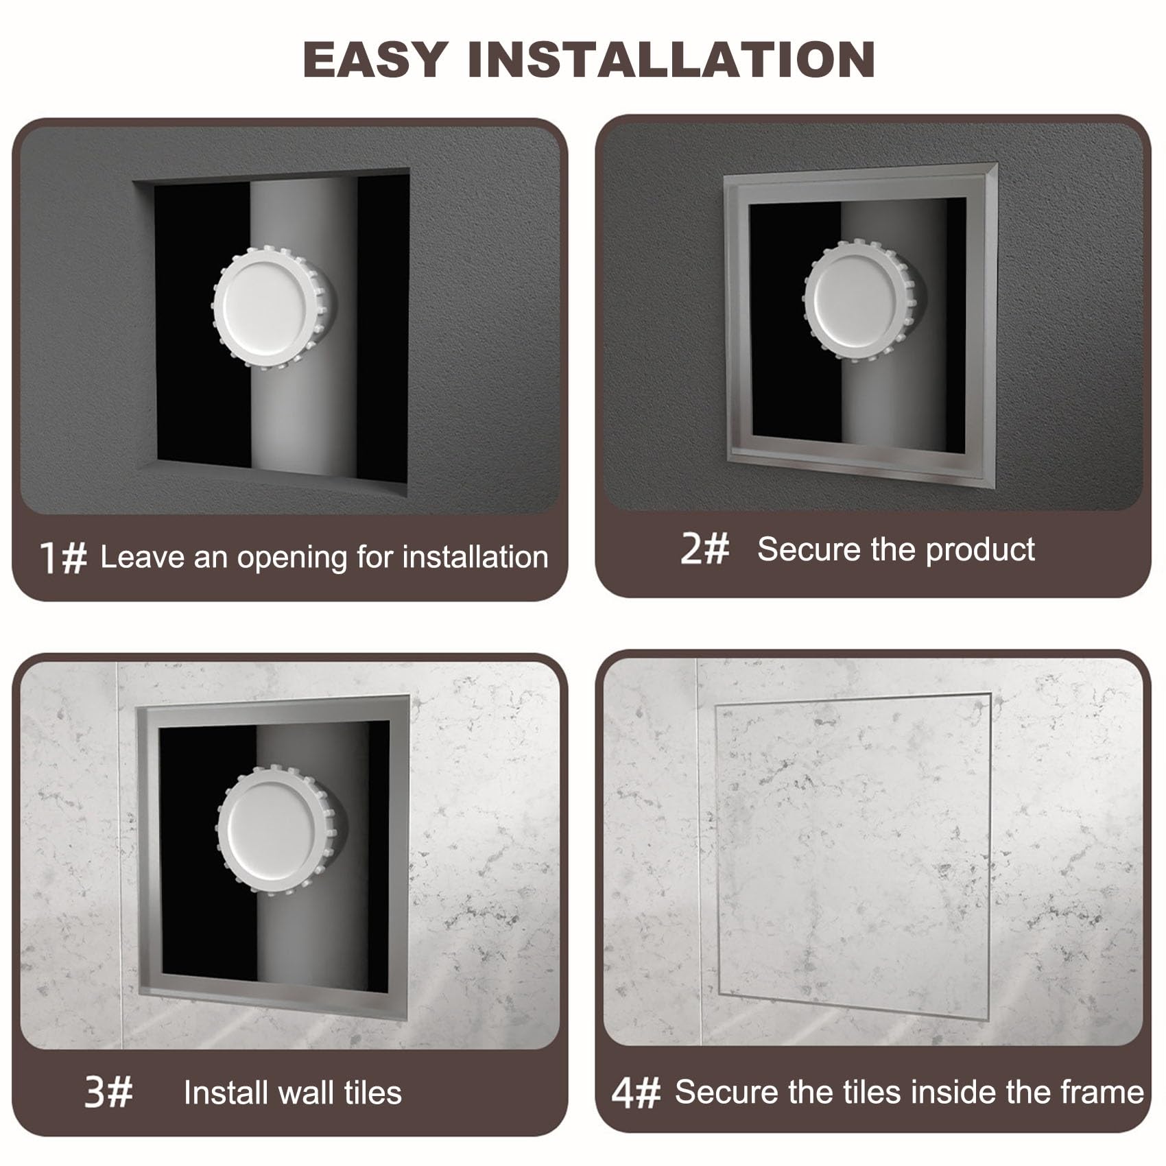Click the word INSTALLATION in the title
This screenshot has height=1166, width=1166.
click(x=671, y=60)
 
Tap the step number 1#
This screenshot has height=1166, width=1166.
click(x=63, y=557)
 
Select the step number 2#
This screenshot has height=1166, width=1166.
click(x=704, y=549)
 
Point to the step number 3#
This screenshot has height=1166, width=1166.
click(x=108, y=1092)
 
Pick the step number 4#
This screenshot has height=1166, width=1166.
click(x=636, y=1092)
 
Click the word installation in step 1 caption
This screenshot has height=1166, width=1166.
click(x=475, y=557)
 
